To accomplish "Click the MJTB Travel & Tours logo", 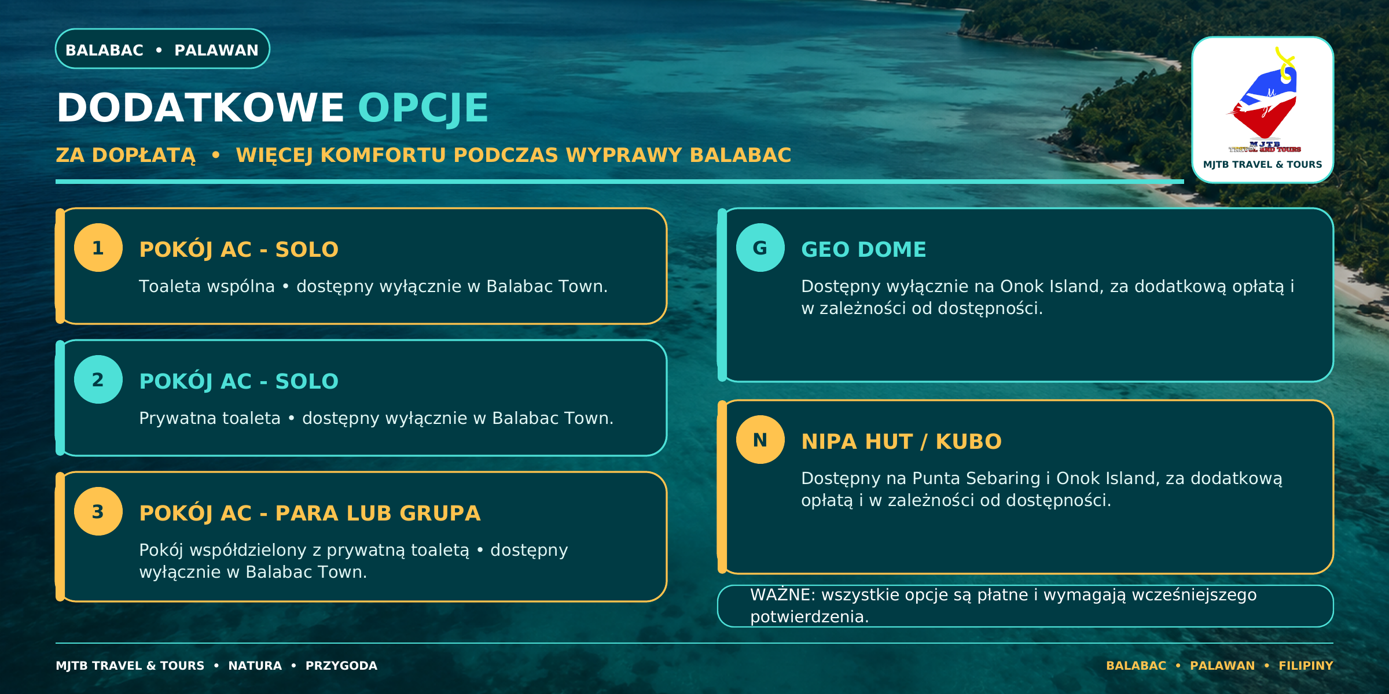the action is point(1263,110).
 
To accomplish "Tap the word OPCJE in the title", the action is point(423,108).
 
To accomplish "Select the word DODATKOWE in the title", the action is point(200,108).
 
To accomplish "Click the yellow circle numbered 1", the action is point(98,248).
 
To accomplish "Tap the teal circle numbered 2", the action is point(98,379).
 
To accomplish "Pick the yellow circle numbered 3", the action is point(98,511).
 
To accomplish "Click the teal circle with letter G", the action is point(760,248).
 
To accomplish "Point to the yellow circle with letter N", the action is point(760,440).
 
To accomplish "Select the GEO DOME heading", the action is point(863,249).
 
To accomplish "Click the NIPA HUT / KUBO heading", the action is point(901,441).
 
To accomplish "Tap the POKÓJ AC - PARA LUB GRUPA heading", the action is point(310,513).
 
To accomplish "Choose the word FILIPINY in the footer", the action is point(1306,666).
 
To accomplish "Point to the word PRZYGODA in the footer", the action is point(341,666).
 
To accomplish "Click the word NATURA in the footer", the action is point(255,666).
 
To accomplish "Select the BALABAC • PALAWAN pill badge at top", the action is point(163,49).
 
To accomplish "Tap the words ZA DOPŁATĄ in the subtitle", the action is point(126,156).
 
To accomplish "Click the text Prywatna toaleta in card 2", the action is point(210,418).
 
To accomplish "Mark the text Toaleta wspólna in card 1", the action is point(207,286).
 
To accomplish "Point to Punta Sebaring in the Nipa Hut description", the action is point(976,479).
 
